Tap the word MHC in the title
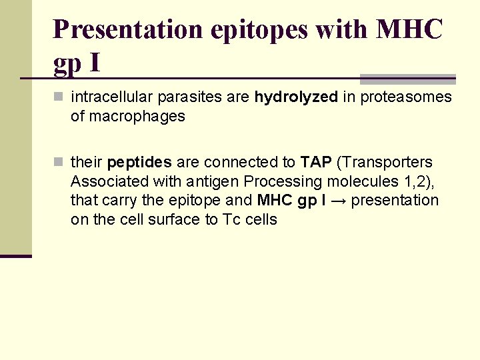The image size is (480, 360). (409, 30)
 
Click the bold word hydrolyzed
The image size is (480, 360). (296, 97)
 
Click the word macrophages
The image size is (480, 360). (128, 117)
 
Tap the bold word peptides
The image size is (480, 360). (139, 162)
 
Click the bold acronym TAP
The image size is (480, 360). (316, 162)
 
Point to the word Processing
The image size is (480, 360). (283, 181)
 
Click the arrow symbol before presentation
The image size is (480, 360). (338, 201)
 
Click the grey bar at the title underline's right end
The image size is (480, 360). (407, 79)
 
